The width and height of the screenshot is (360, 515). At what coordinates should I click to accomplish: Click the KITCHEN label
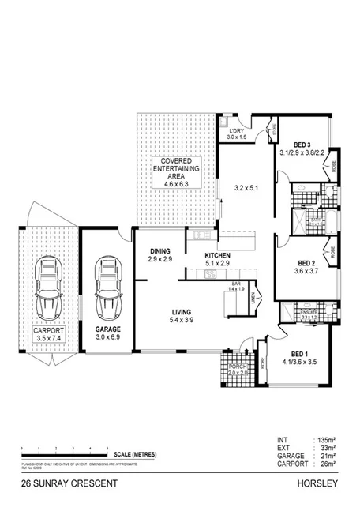[x=216, y=256]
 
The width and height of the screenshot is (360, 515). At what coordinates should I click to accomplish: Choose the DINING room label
[x=160, y=252]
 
